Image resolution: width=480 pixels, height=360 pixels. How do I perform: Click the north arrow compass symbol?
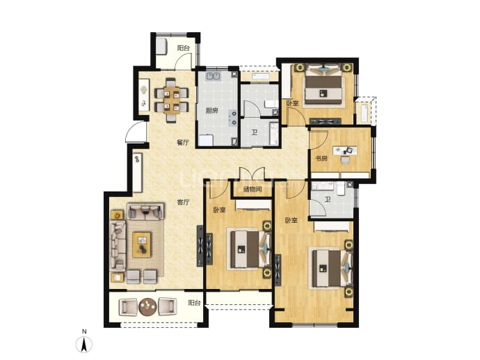[x=84, y=344]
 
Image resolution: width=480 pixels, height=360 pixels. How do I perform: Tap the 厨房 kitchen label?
[x=212, y=111]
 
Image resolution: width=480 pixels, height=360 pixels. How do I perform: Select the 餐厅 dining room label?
[x=183, y=143]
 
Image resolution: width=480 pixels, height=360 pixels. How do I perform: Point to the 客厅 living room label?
[x=184, y=202]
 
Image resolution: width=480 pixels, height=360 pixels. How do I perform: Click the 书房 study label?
[x=321, y=159]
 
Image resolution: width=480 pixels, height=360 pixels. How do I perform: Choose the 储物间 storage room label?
[x=253, y=189]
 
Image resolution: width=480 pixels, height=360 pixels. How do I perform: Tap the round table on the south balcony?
[x=148, y=306]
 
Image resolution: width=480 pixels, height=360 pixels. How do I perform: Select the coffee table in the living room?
[x=142, y=245]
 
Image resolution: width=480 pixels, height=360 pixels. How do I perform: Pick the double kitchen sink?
[x=214, y=76]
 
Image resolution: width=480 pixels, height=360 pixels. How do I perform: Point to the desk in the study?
[x=345, y=150]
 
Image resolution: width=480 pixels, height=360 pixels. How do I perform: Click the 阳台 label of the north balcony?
[x=184, y=48]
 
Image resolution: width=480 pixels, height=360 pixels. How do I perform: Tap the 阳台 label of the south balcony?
[x=194, y=303]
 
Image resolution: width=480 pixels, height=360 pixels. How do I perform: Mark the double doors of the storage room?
[x=252, y=174]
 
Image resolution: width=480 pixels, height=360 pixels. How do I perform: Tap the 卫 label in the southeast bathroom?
[x=328, y=201]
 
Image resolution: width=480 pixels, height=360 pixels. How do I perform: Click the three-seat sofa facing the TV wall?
[x=118, y=246]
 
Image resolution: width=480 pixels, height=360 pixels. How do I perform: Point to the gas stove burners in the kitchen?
[x=233, y=118]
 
